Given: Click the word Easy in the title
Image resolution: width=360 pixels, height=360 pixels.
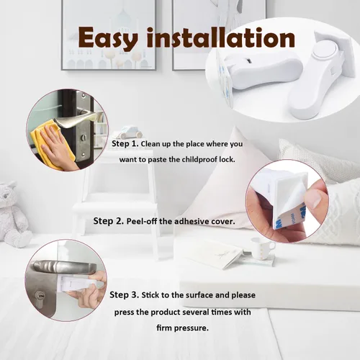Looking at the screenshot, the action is (108, 38).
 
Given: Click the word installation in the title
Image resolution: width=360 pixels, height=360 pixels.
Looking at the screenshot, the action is (221, 37).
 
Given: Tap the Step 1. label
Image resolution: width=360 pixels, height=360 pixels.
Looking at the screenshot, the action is (125, 143).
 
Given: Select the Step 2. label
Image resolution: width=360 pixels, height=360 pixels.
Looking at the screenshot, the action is (109, 221).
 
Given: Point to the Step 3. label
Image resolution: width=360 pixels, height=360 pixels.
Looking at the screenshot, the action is (124, 294).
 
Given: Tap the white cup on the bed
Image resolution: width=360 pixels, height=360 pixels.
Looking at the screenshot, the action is (261, 248).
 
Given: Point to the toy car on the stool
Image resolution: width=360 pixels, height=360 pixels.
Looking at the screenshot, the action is (128, 132).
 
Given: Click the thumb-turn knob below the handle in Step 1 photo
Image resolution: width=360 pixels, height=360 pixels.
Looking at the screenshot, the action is (84, 138).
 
